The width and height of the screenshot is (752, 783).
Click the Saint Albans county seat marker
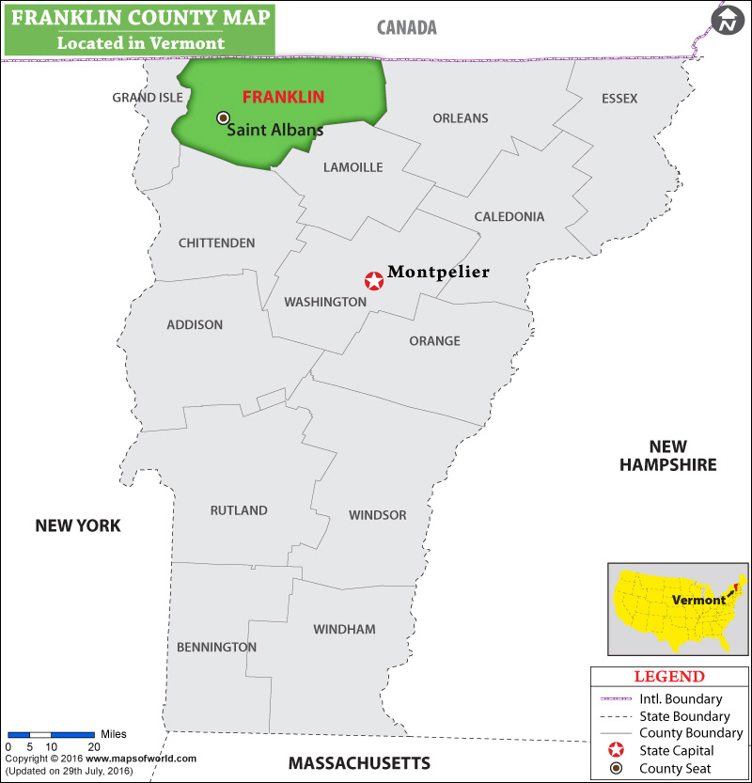click(x=223, y=117)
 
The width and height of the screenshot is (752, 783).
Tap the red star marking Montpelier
click(x=373, y=281)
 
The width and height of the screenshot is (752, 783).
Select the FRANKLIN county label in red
click(x=283, y=97)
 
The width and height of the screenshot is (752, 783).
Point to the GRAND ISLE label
click(x=148, y=98)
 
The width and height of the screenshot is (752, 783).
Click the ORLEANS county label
click(x=461, y=118)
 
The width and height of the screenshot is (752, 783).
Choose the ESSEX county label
click(x=619, y=99)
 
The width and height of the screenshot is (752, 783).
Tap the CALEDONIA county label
click(x=509, y=216)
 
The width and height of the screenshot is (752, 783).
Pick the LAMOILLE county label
click(x=352, y=167)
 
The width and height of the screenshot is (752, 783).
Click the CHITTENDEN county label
click(x=216, y=243)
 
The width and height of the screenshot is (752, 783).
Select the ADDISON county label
click(x=195, y=324)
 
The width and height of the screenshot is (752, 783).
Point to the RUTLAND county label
click(x=239, y=510)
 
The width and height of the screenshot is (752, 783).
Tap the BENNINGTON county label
click(x=216, y=647)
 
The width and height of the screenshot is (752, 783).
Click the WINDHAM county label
click(x=344, y=629)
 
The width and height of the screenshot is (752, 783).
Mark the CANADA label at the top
click(x=407, y=27)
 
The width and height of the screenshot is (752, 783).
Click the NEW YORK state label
click(x=78, y=525)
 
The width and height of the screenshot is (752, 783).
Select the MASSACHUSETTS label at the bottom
click(x=359, y=762)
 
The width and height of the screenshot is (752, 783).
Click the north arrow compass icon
click(x=727, y=20)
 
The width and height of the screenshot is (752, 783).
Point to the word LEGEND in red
click(x=668, y=677)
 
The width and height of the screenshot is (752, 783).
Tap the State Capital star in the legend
click(x=616, y=750)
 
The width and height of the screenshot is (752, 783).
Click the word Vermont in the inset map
click(x=698, y=600)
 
